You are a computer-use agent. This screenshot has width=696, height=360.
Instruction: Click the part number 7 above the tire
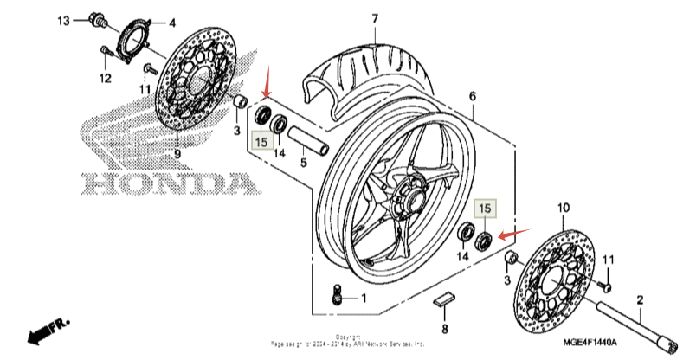coord(375,18)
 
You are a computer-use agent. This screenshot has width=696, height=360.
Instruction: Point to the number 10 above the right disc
coord(563,208)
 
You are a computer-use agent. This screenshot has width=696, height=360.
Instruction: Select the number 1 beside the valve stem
coord(364,299)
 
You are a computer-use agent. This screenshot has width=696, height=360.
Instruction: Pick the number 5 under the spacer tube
coord(304,162)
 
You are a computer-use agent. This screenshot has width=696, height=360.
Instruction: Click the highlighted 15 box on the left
coord(261,137)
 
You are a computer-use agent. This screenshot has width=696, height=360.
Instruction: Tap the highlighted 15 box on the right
coord(486,209)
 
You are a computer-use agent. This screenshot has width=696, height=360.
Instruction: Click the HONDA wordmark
coord(170,184)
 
